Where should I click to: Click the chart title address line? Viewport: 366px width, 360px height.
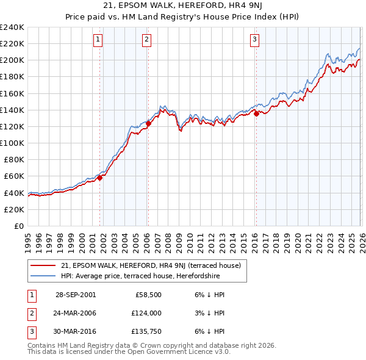[183, 7]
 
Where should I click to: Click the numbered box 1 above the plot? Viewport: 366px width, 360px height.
[98, 40]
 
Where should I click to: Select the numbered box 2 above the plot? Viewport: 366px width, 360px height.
[147, 40]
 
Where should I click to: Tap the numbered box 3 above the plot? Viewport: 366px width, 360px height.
[254, 40]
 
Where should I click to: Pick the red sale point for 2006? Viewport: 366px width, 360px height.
[148, 123]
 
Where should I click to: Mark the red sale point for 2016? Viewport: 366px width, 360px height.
[256, 113]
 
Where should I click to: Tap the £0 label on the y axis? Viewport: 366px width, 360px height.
[18, 226]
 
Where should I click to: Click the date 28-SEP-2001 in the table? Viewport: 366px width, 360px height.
[75, 295]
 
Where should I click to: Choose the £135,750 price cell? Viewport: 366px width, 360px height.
[145, 331]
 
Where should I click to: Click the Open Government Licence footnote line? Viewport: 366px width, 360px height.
[129, 352]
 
